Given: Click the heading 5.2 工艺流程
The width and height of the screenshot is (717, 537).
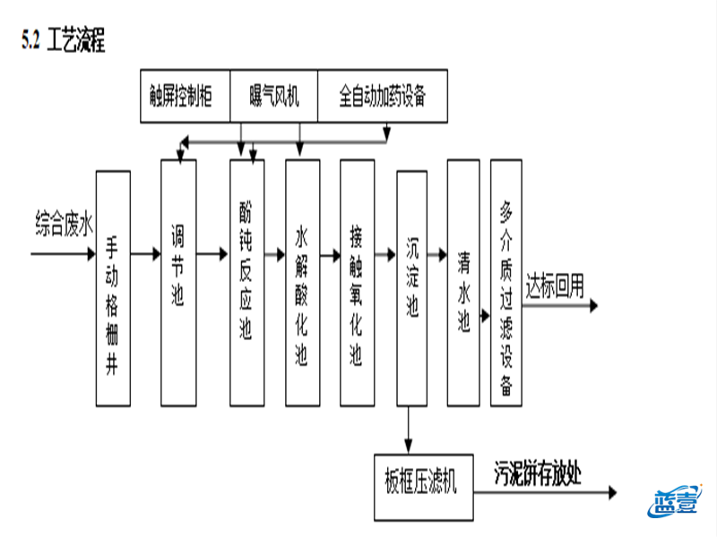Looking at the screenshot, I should point(64,42).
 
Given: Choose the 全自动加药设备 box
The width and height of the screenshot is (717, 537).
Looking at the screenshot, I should point(381,95).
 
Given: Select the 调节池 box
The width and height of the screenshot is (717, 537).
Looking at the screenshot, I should point(177,282).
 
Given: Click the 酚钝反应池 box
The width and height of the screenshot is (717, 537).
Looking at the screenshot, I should point(246,282).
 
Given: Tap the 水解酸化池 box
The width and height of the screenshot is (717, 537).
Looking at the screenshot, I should point(302,282).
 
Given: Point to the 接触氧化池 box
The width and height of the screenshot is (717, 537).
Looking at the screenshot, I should point(357,282).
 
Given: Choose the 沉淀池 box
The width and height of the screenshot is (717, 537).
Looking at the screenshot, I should point(411,282).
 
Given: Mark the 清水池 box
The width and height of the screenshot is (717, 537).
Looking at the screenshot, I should point(463,282).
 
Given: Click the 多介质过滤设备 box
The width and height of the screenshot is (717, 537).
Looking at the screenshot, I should point(506,282).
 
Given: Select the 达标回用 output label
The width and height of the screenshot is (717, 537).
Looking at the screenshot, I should point(555,286).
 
